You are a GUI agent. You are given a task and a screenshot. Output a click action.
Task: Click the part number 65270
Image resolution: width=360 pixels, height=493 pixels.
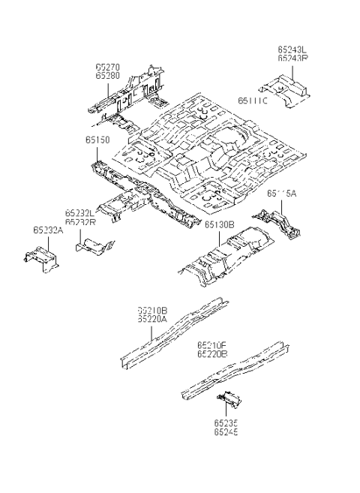click(x=106, y=66)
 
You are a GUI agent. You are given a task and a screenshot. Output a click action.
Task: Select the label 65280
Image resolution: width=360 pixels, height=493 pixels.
click(x=106, y=75)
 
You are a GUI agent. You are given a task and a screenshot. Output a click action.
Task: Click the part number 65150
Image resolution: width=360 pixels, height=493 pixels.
click(x=97, y=140)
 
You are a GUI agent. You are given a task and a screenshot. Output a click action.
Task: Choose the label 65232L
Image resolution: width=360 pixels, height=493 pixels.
click(x=79, y=213)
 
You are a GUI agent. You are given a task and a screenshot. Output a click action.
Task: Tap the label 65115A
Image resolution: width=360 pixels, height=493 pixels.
click(x=282, y=193)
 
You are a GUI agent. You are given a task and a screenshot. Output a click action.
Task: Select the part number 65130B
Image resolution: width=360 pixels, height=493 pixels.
click(x=220, y=224)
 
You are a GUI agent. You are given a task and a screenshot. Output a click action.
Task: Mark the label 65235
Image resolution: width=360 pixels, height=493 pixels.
click(x=225, y=423)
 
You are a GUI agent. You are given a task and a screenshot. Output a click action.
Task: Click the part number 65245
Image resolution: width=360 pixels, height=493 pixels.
click(x=225, y=432)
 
